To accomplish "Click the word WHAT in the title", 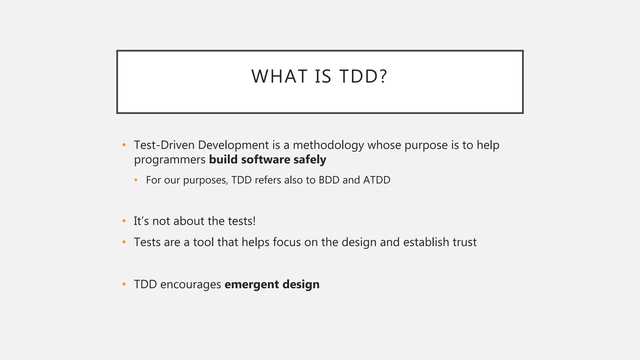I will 279,76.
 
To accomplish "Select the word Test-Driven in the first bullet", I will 164,145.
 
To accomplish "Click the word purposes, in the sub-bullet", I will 206,181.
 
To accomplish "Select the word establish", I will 426,242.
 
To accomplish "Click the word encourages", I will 191,285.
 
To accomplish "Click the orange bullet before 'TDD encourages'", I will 124,284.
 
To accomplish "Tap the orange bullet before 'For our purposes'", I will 136,180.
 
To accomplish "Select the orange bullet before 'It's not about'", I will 124,221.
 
